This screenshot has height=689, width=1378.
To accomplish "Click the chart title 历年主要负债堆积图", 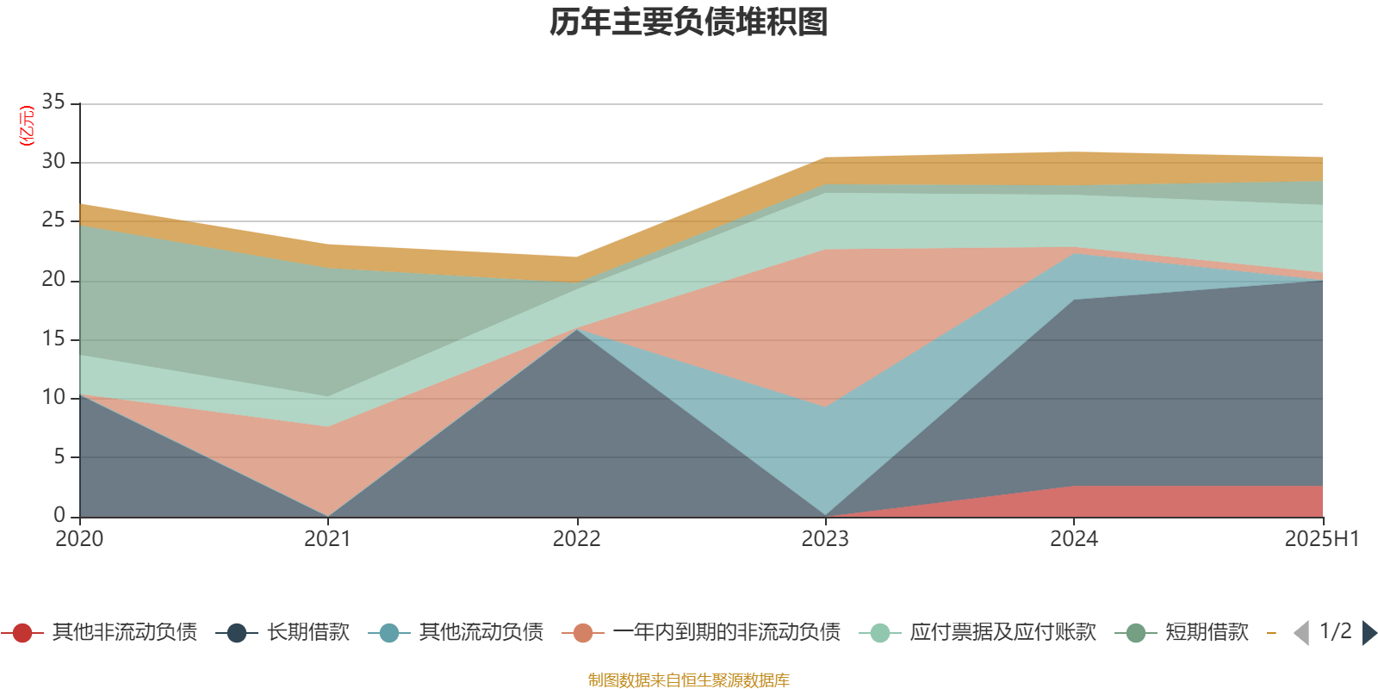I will pyautogui.click(x=689, y=22).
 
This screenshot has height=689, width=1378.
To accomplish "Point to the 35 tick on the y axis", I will pyautogui.click(x=53, y=102).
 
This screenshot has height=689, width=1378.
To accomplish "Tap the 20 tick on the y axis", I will pyautogui.click(x=53, y=280).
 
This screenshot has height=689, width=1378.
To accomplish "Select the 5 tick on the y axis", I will pyautogui.click(x=59, y=456).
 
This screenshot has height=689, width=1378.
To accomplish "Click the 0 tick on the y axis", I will pyautogui.click(x=59, y=515).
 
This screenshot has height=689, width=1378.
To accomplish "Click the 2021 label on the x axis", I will pyautogui.click(x=328, y=539).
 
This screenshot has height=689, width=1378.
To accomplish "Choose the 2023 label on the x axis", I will pyautogui.click(x=825, y=539).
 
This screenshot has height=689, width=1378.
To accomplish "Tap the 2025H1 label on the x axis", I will pyautogui.click(x=1321, y=539).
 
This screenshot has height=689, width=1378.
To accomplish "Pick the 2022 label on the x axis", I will pyautogui.click(x=576, y=539).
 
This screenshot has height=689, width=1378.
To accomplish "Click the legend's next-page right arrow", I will pyautogui.click(x=1369, y=633).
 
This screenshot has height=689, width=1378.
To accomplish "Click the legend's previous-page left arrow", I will pyautogui.click(x=1301, y=633).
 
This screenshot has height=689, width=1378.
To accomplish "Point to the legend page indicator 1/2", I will pyautogui.click(x=1335, y=631).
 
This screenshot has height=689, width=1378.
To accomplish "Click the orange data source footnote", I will pyautogui.click(x=688, y=680).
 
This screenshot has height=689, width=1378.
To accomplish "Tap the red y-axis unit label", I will pyautogui.click(x=27, y=126).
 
